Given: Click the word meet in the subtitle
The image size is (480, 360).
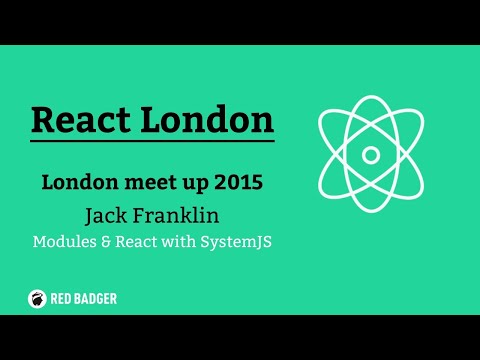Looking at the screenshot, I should coord(148,183).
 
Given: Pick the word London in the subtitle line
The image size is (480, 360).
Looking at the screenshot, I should coord(82,183).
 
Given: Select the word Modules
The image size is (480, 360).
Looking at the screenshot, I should coord(65,241).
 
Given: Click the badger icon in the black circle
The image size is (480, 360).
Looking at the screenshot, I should coord(36,297).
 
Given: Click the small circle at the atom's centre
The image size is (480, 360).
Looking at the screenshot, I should coord(371,154).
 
